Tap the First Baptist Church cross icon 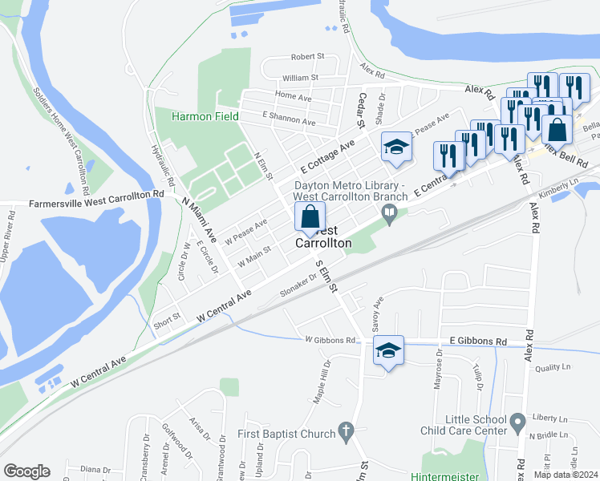pos(346,433)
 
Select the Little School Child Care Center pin pos(517,420)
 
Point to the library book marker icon pos(390,213)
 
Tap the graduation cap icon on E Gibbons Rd pos(388,351)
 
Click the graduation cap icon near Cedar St pos(395,147)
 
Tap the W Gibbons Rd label pos(330,341)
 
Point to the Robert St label pos(307,57)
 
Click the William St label pos(300,78)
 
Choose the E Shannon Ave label pos(289,119)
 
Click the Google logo pos(26,471)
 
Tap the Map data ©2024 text pos(566,475)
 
